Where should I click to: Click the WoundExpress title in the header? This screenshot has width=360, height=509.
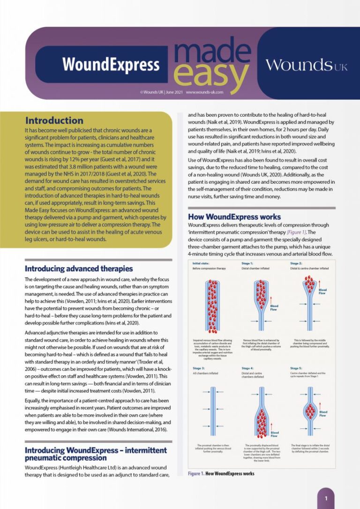[x=111, y=65]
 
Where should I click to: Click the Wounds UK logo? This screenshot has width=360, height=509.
[x=307, y=65]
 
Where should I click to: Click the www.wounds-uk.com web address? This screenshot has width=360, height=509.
[x=204, y=92]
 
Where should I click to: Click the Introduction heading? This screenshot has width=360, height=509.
[x=54, y=120]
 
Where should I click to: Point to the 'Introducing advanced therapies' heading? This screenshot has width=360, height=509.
[x=79, y=269]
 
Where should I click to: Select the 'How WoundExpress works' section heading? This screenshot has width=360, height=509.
[x=234, y=217]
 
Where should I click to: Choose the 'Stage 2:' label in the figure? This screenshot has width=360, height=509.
[x=296, y=263]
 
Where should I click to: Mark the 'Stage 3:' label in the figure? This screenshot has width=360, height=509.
[x=198, y=368]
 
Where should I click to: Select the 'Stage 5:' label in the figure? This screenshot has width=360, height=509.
[x=296, y=368]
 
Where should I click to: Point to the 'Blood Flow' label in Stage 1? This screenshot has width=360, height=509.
[x=274, y=308]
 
